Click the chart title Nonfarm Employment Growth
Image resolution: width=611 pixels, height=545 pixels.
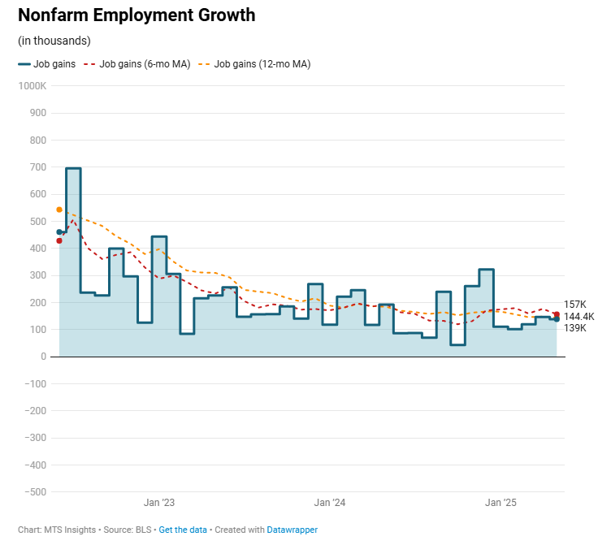click(136, 15)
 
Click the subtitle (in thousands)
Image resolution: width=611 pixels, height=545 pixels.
click(54, 41)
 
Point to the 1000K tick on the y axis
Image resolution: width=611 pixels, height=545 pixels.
click(32, 86)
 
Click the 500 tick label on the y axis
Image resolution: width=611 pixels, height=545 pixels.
click(37, 221)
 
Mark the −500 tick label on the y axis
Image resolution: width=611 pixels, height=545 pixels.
click(33, 491)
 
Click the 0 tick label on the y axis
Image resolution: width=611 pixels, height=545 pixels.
click(42, 357)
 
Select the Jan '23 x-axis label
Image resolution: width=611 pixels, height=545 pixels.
click(159, 503)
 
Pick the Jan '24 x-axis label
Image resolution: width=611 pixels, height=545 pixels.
click(330, 503)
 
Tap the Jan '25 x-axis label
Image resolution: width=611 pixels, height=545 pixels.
click(501, 503)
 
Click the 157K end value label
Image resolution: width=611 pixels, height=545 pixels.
click(574, 304)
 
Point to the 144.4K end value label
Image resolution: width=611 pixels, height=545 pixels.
click(578, 316)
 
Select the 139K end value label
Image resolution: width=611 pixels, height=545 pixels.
click(574, 328)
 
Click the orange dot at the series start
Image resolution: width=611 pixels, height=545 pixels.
click(59, 210)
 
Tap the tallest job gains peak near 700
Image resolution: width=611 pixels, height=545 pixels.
click(73, 169)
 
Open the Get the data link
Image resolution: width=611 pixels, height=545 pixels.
click(183, 530)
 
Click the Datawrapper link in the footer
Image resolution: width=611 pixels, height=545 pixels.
click(292, 530)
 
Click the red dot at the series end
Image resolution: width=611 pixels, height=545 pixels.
click(557, 314)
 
